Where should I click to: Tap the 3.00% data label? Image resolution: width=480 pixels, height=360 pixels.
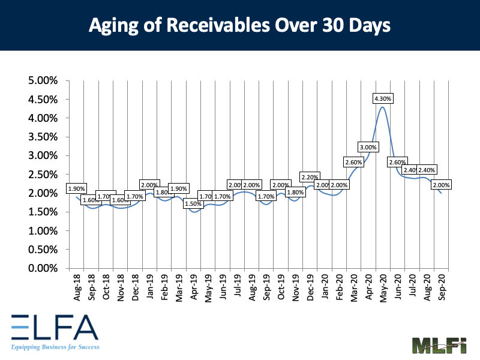368,147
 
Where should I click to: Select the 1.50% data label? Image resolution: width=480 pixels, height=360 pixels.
193,204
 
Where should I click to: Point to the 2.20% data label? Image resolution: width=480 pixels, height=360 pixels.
310,177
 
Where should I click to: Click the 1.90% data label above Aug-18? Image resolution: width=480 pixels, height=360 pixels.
76,188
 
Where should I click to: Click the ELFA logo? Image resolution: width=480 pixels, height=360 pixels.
54,328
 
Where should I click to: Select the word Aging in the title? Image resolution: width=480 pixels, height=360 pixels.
109,26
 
